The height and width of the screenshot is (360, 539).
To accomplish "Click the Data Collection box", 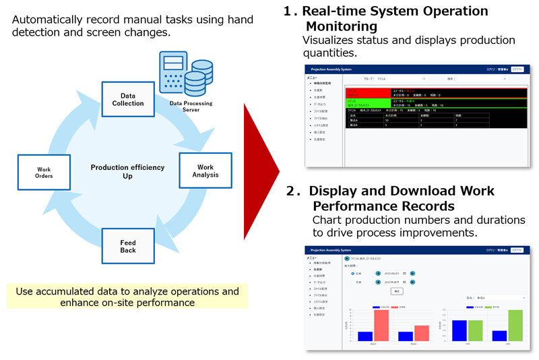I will pos(128,100).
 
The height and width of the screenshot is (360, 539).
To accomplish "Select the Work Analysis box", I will pos(205,171).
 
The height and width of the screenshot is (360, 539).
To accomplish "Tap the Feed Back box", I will pos(128,246).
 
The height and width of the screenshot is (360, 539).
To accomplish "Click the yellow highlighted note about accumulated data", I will pos(127,297).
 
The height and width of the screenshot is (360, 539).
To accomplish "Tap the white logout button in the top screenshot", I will pos(516,69).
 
